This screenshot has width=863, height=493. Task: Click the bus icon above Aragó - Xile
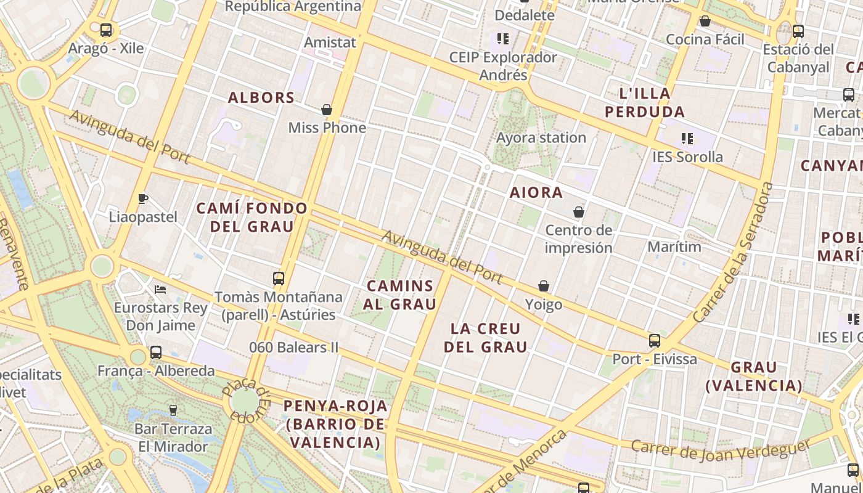pos(106,30)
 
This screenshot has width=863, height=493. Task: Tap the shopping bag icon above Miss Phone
pos(327,110)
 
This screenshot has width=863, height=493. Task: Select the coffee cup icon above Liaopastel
pos(143,198)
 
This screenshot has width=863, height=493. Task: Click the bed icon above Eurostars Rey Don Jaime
pos(160,289)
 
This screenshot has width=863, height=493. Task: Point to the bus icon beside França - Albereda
pos(156,352)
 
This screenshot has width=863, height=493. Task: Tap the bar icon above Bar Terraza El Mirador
pos(173,410)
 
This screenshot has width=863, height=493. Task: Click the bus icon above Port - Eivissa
pos(655,340)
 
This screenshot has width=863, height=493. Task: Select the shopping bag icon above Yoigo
pos(544,286)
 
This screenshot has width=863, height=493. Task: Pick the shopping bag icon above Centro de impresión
pos(579,212)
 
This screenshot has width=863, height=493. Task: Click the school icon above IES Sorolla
pos(687,139)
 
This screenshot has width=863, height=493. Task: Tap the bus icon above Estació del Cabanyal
pos(798,31)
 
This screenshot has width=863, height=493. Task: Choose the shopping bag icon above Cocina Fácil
pos(705,22)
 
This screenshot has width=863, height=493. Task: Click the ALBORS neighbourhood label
pos(261,97)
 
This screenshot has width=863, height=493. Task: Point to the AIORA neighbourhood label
pos(536,192)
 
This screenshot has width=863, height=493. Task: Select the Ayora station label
pos(541,137)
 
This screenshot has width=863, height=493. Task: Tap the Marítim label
pos(674,246)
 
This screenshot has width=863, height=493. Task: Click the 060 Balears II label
pos(294,347)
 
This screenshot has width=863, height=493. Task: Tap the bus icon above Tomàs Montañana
pos(279,278)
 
